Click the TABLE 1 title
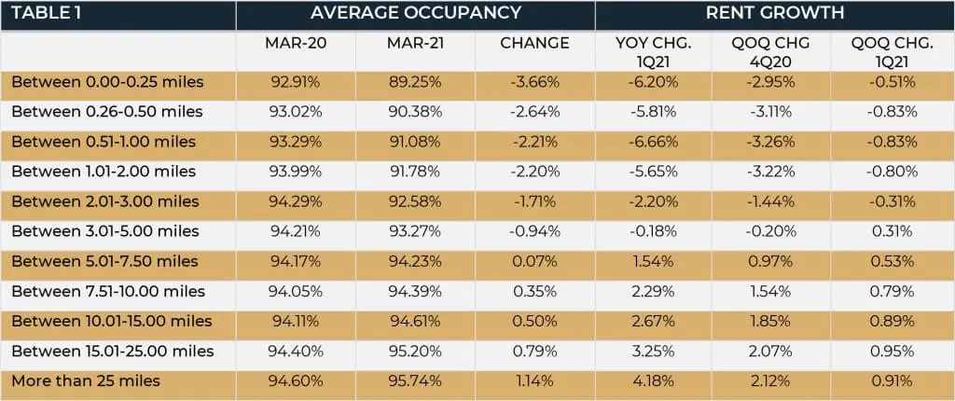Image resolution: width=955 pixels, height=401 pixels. (48, 14)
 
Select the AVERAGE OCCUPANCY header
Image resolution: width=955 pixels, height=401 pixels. (415, 14)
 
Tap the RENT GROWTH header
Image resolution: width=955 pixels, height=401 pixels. (775, 14)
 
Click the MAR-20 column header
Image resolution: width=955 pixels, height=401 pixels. (295, 44)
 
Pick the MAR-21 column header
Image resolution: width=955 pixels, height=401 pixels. (415, 44)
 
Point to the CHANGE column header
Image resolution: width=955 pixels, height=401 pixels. (534, 44)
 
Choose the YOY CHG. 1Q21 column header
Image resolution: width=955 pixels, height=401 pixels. (655, 51)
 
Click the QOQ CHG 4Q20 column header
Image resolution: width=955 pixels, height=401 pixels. (775, 51)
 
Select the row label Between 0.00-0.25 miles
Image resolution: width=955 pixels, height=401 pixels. (107, 82)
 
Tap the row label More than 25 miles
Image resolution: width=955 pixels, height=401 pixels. (86, 380)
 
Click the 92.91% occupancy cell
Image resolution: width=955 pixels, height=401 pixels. (295, 82)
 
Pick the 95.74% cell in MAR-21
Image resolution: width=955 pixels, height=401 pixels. (415, 380)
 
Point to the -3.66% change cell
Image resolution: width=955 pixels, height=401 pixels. (534, 82)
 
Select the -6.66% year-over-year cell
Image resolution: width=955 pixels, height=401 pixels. (655, 142)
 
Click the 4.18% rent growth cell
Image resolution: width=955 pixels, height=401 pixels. (655, 380)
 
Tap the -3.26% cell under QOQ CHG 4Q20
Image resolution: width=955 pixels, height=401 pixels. (775, 142)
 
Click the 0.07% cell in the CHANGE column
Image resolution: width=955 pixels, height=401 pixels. (534, 261)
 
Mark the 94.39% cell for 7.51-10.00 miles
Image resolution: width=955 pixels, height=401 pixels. (415, 291)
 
